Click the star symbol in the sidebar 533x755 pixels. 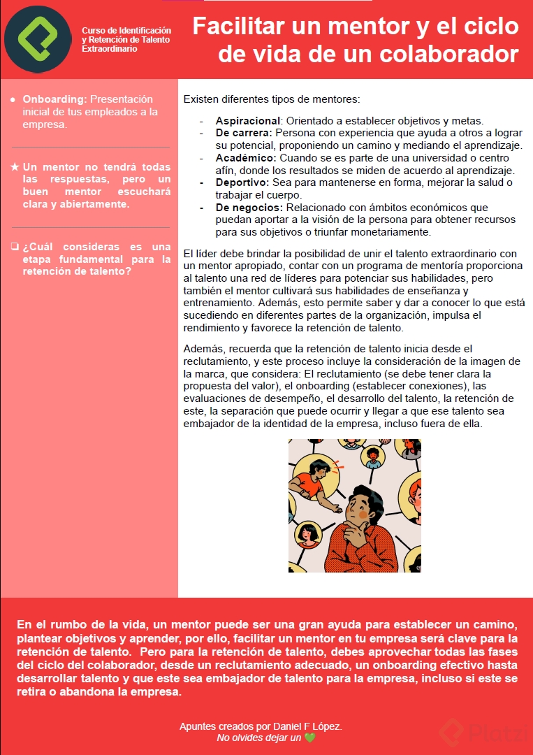click(15, 168)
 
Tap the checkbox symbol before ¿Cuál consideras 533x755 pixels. click(15, 247)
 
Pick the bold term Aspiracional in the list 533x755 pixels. click(247, 120)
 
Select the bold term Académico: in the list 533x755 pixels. click(244, 158)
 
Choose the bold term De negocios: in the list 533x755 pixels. click(249, 208)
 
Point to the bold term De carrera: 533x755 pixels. click(244, 133)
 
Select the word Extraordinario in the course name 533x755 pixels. click(110, 50)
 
